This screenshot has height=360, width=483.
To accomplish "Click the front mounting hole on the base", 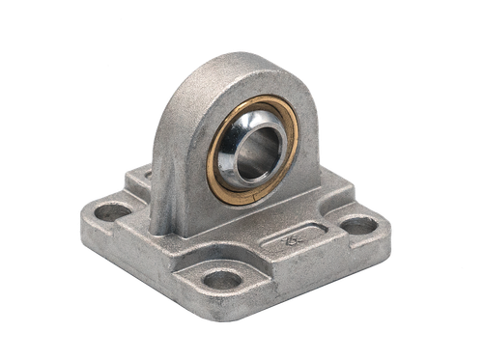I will (222, 280).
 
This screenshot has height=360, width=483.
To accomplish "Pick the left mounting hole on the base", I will (114, 210).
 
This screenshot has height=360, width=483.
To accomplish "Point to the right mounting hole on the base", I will (358, 226).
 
